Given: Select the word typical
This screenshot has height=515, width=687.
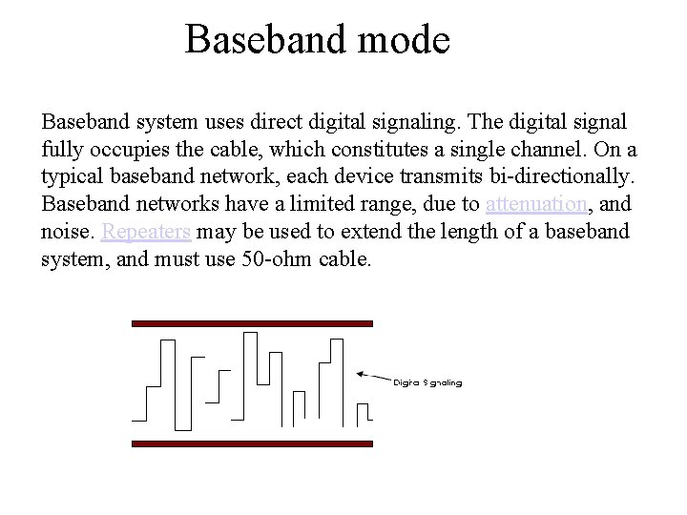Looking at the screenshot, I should [72, 177].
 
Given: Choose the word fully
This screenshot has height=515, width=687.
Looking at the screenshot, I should [61, 150].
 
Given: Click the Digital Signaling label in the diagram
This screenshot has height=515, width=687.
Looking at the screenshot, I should [428, 383].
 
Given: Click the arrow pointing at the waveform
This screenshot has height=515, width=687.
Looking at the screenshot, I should [372, 375].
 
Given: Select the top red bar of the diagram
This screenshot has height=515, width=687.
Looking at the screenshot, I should [251, 324].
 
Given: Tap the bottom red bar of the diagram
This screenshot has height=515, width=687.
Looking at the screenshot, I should [251, 443].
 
